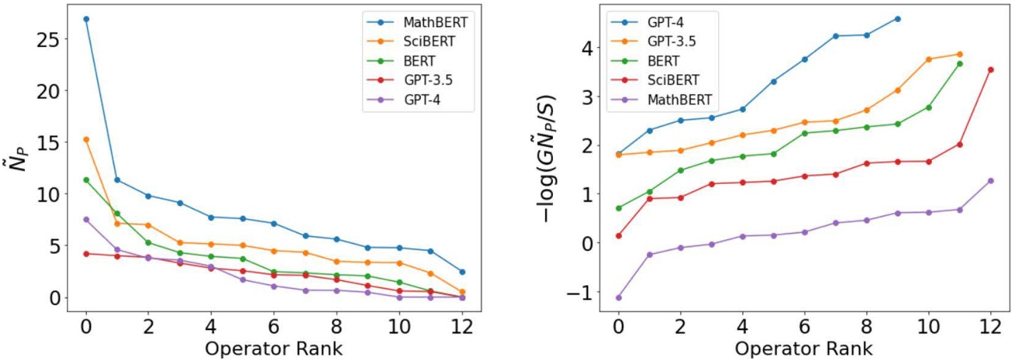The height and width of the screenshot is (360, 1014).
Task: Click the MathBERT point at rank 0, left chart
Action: [86, 19]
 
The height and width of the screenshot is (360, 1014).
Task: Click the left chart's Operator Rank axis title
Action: [274, 349]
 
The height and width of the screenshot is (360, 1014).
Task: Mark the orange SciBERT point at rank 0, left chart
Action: [86, 140]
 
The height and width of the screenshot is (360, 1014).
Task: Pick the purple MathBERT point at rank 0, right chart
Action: [619, 297]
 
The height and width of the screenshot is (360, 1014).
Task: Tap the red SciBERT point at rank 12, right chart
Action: [990, 70]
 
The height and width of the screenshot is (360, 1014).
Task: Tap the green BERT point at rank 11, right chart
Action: [959, 63]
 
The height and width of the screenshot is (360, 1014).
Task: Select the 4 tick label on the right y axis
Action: [586, 48]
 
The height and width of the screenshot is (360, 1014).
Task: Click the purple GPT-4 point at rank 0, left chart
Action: [86, 220]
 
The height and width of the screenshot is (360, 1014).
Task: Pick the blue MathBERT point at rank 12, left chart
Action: [462, 272]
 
